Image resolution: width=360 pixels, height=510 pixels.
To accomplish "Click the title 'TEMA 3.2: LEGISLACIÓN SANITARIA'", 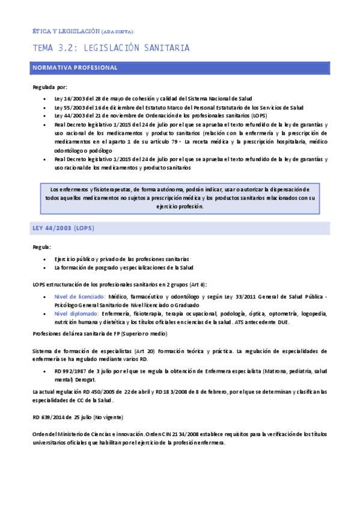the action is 111,48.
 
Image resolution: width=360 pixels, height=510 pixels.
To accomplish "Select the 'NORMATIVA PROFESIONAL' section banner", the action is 75,68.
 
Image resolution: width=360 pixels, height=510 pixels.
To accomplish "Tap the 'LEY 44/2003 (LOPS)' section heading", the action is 63,229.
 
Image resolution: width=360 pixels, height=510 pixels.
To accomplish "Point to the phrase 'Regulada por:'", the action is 50,87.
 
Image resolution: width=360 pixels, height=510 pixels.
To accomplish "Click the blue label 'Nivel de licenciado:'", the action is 79,296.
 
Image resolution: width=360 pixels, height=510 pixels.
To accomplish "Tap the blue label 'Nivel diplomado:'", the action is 76,313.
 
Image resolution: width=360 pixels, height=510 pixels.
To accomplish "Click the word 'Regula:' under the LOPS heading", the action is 42,247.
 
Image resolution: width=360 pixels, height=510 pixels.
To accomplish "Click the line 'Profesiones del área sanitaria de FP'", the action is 100,333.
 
